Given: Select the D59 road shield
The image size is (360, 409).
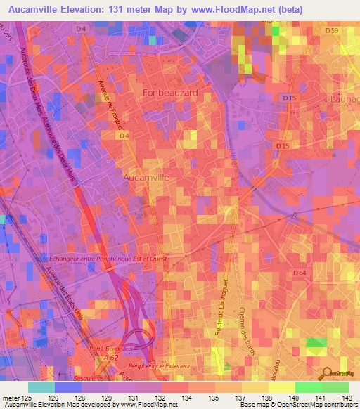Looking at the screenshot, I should pos(332,31).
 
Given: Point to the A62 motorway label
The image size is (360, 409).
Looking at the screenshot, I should pos(111,356).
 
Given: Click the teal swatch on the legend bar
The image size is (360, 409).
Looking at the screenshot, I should pos(41,387).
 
